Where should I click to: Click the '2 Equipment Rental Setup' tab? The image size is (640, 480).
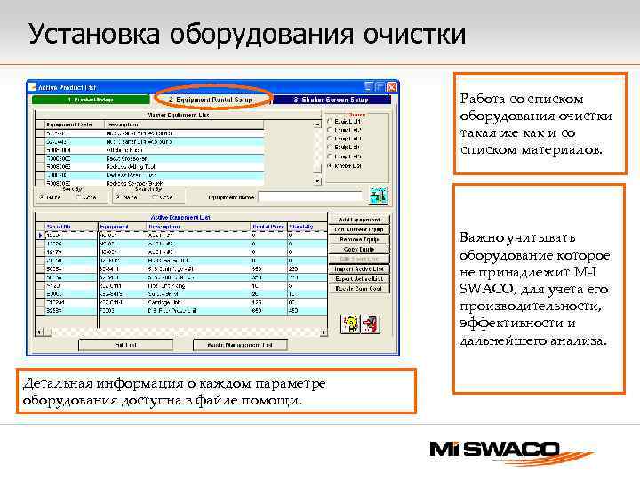[x=212, y=100]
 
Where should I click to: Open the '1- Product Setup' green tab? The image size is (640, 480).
[x=93, y=100]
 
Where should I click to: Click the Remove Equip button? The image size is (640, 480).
[x=359, y=240]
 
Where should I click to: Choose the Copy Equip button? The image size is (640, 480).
[x=359, y=250]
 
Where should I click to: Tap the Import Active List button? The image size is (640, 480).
[x=359, y=269]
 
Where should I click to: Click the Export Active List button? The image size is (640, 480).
[x=359, y=279]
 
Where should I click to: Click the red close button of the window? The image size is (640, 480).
[x=392, y=87]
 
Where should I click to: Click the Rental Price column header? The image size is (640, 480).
[x=268, y=227]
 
